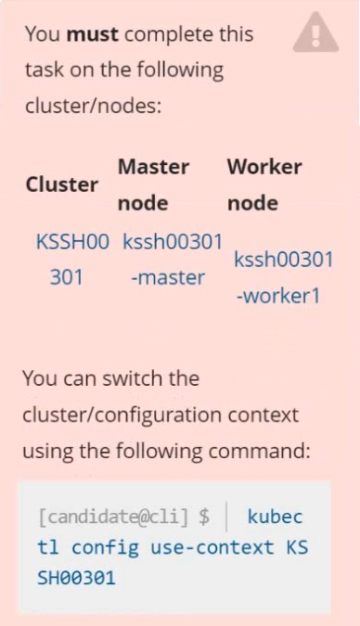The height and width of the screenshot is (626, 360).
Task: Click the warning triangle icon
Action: [315, 32]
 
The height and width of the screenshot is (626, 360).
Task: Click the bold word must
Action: [92, 34]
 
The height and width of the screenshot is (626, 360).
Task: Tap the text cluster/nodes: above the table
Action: [93, 106]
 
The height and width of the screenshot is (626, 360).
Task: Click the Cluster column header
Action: [62, 185]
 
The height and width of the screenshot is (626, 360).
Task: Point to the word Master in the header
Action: [153, 167]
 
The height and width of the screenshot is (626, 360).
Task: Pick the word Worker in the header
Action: [264, 167]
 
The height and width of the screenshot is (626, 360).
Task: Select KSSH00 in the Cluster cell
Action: [72, 241]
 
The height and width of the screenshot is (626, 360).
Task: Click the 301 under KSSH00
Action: [66, 277]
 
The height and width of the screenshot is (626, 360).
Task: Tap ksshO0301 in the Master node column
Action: [173, 241]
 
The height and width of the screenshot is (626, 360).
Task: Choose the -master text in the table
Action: [168, 277]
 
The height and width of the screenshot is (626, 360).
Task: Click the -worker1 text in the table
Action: [278, 296]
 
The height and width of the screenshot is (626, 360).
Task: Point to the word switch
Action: [133, 378]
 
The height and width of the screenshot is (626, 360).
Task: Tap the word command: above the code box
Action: [259, 452]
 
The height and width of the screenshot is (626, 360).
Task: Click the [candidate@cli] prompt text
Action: [113, 517]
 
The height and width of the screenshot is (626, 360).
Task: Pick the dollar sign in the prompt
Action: [204, 517]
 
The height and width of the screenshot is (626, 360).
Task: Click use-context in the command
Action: [212, 547]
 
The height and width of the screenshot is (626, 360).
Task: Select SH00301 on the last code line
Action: [76, 578]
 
